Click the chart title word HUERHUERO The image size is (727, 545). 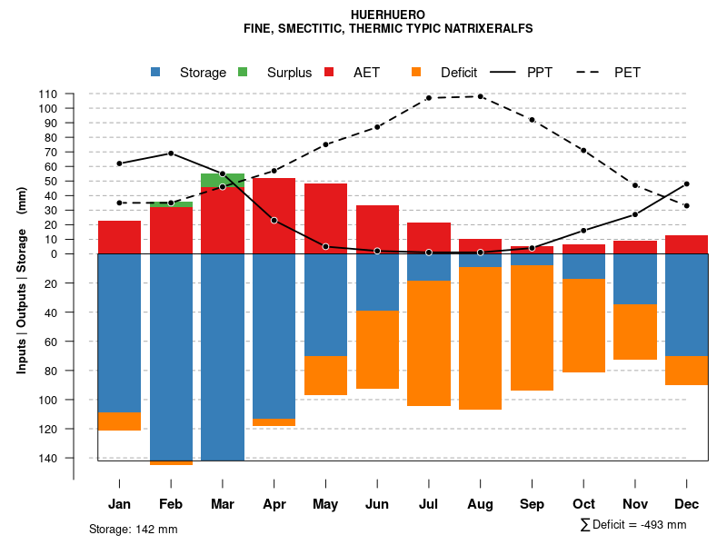click(387, 15)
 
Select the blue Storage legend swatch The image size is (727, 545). click(156, 72)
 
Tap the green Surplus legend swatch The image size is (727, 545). click(243, 72)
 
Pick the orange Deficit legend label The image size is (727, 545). click(459, 73)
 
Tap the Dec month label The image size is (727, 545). click(686, 504)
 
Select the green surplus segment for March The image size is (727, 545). click(223, 179)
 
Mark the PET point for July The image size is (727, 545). click(428, 98)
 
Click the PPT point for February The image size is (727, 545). click(171, 154)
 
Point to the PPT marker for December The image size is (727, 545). click(686, 184)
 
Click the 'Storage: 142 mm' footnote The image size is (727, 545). click(133, 529)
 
